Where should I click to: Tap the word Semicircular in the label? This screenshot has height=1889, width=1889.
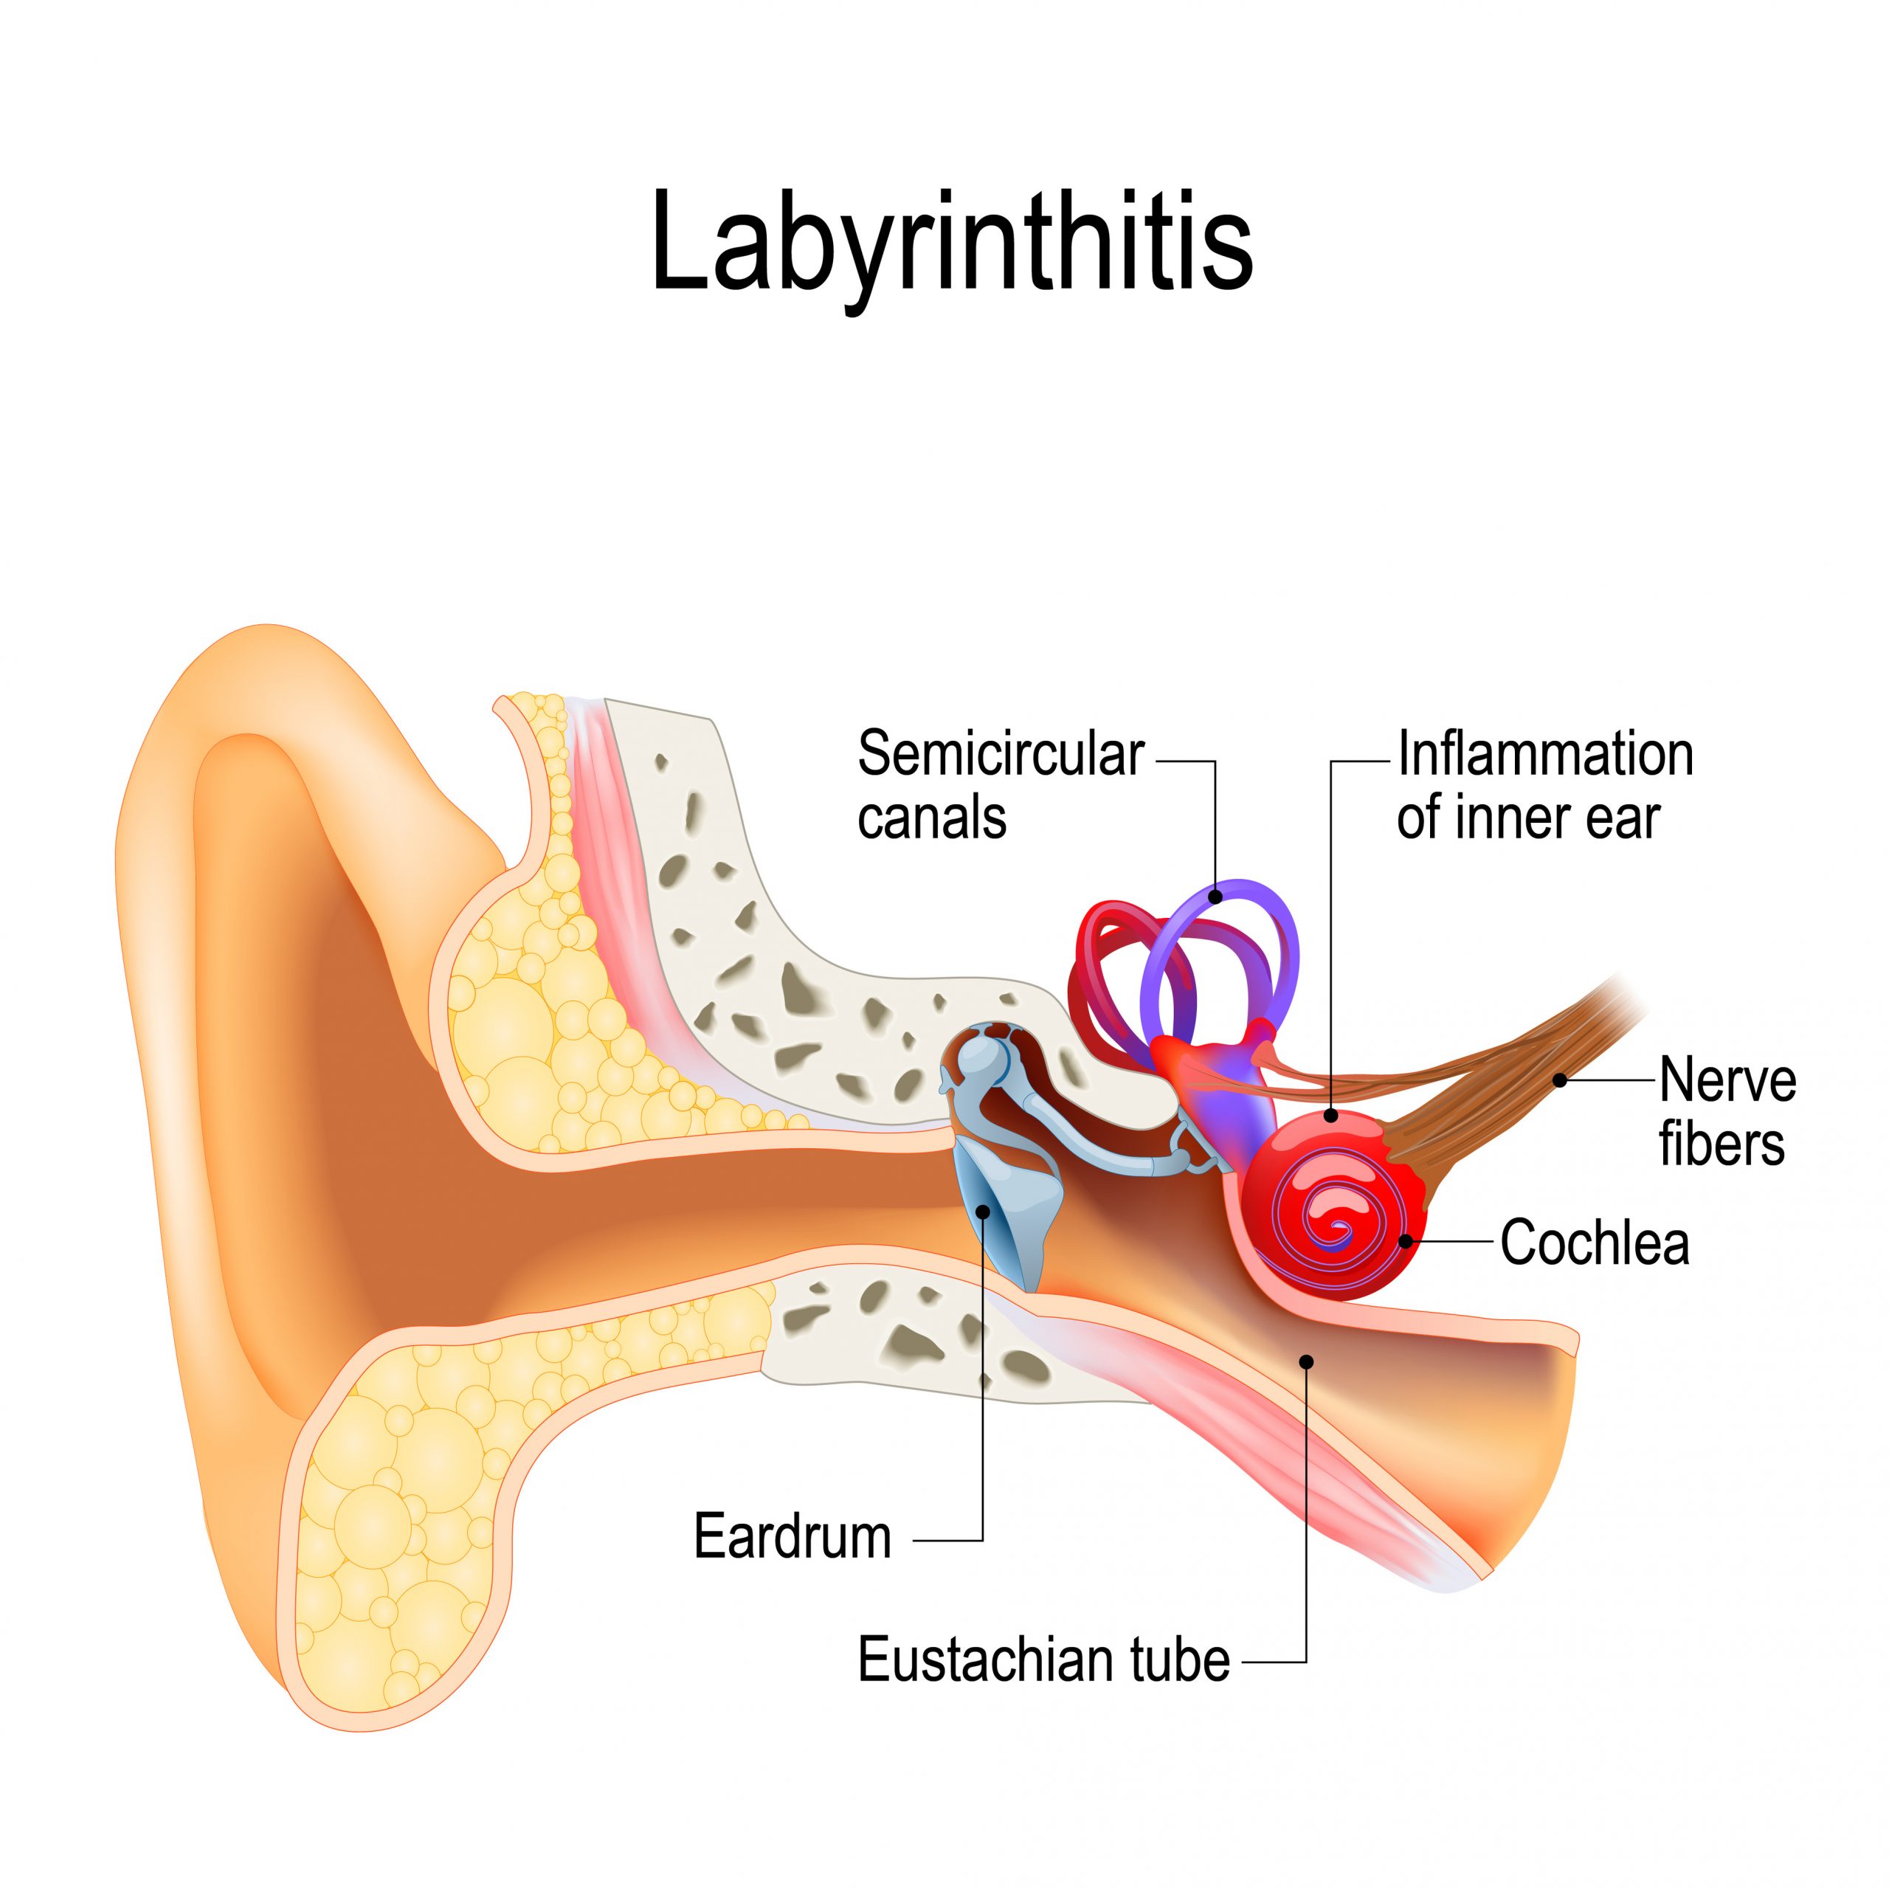1001,755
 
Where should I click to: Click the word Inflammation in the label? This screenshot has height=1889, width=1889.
1545,755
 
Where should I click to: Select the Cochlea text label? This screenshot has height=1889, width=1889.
1595,1243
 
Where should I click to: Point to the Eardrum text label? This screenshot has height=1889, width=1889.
792,1537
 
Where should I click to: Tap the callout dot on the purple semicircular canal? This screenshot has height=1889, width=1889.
1215,896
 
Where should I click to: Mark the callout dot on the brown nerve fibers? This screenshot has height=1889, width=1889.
1561,1080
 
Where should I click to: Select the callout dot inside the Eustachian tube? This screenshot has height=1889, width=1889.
1306,1361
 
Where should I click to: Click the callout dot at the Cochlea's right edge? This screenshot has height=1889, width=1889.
1405,1242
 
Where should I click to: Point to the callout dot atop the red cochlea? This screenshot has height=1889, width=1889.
1330,1115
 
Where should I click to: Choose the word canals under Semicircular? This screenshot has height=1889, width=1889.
932,818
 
